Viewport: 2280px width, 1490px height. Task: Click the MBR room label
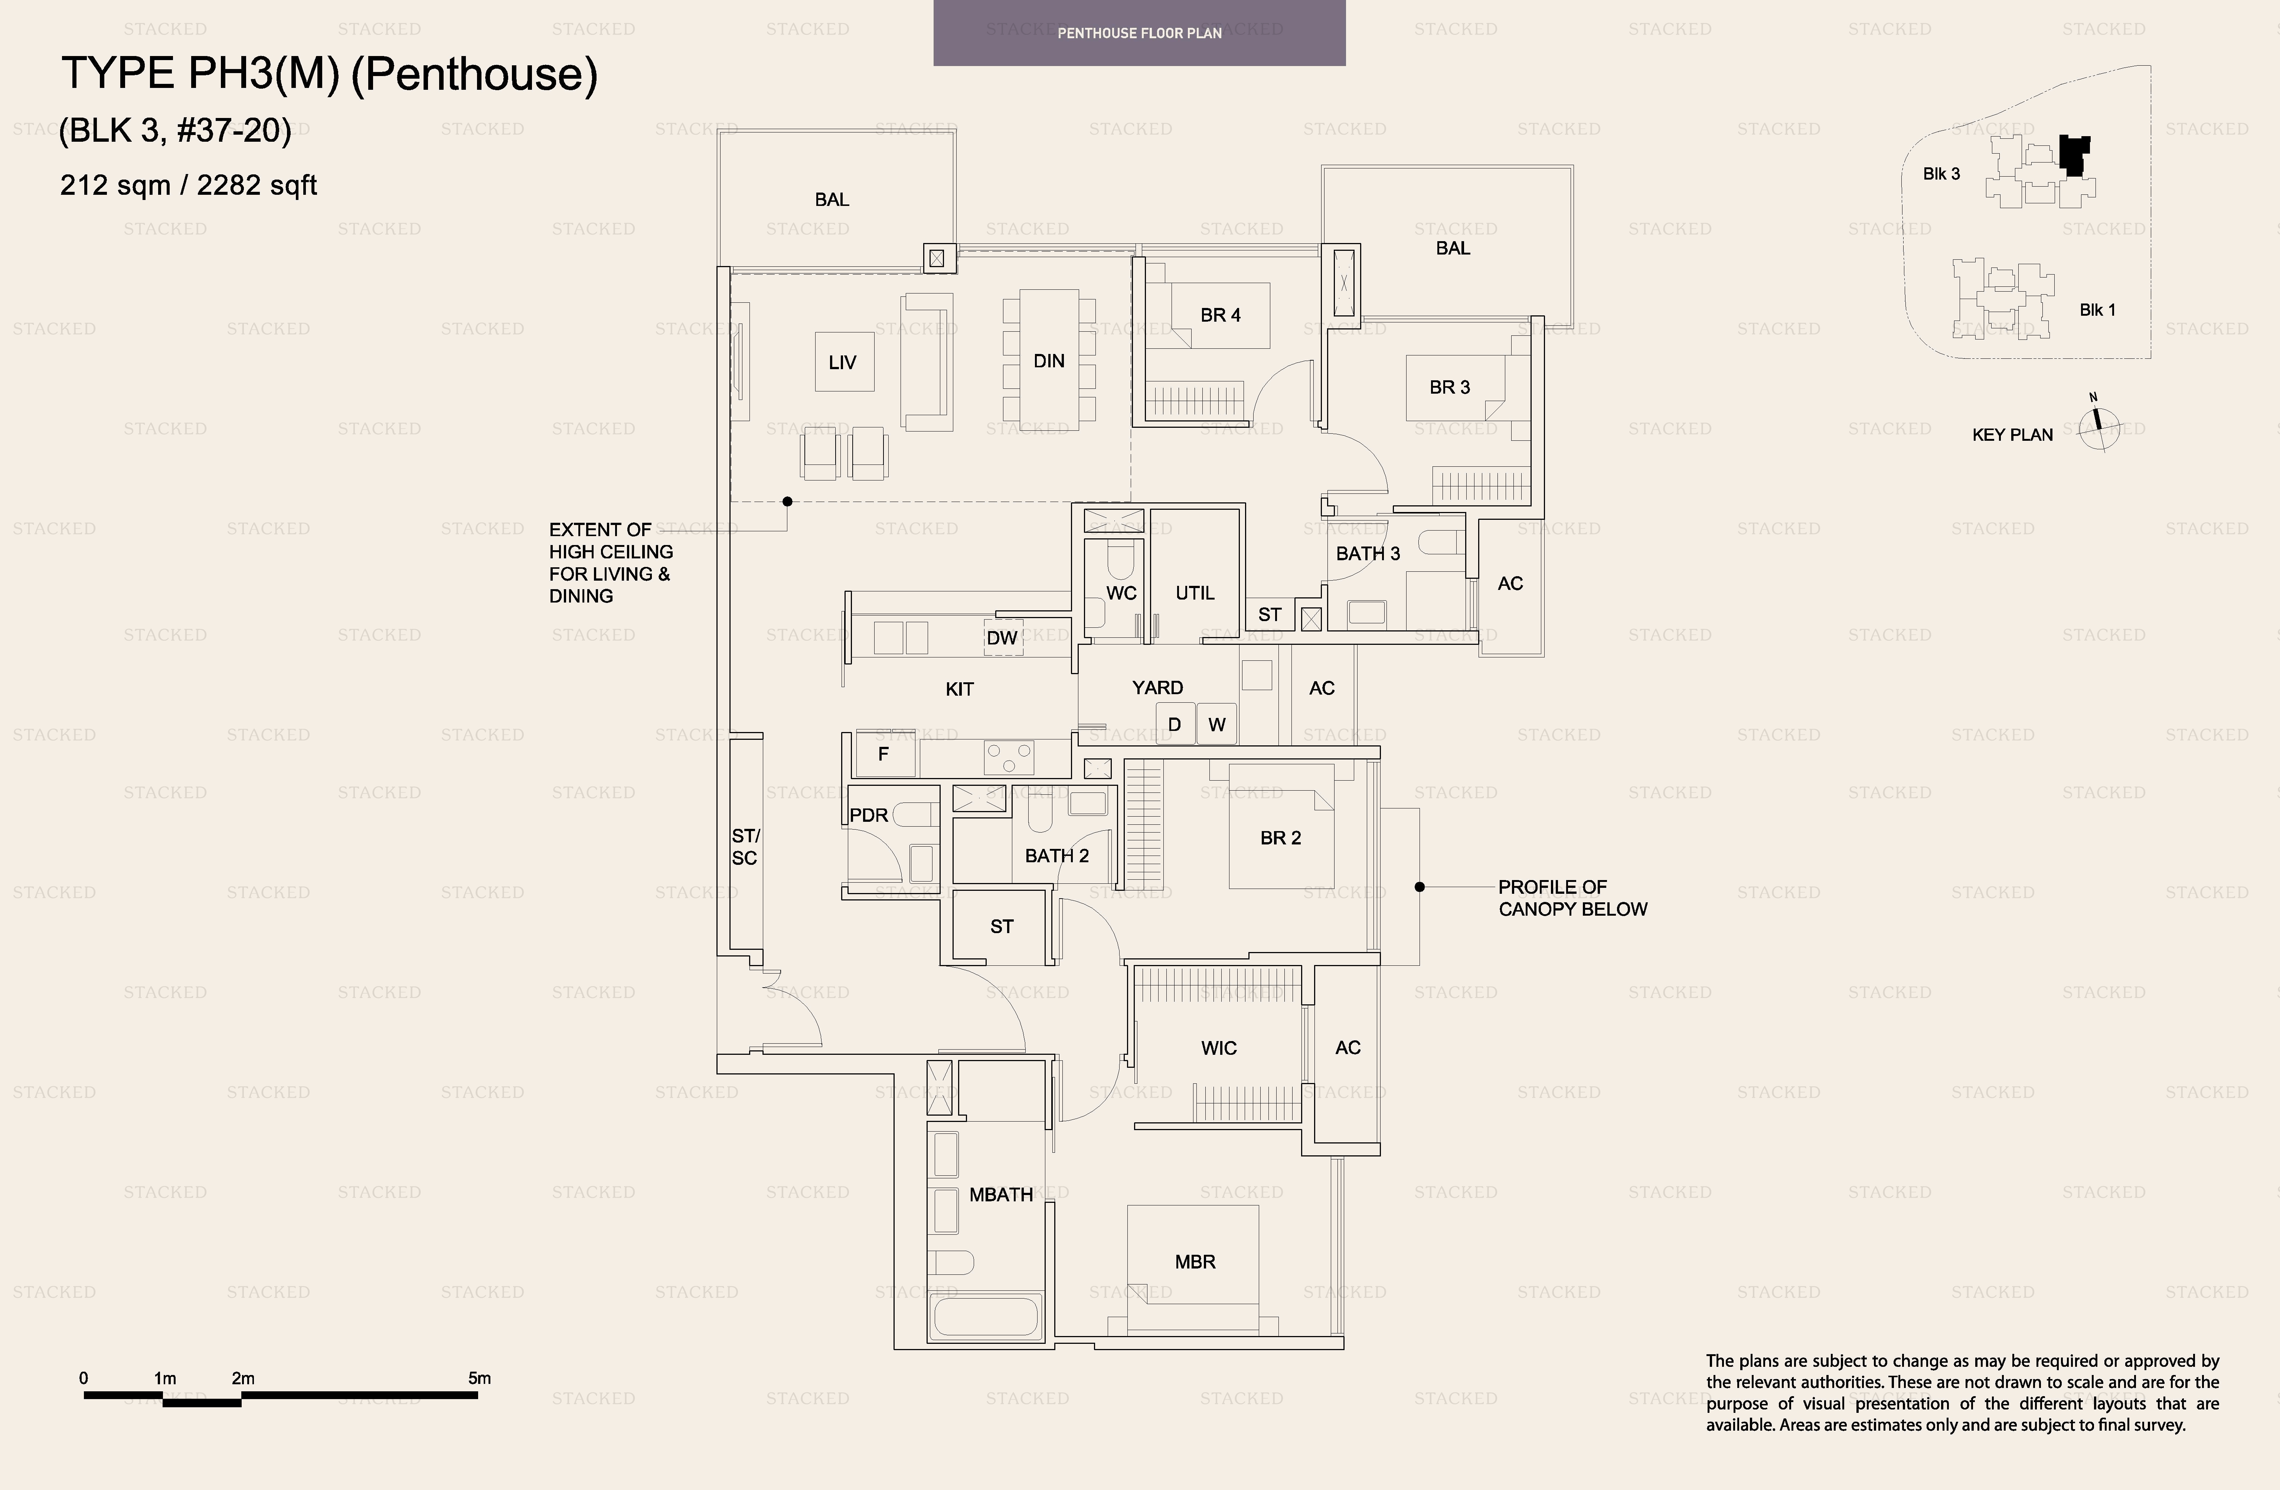(x=1195, y=1262)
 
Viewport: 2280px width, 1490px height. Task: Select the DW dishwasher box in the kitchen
(x=1003, y=638)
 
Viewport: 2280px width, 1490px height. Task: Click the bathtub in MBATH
(x=986, y=1317)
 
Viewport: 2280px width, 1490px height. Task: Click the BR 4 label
(x=1221, y=315)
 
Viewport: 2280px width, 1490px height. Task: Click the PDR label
(x=869, y=815)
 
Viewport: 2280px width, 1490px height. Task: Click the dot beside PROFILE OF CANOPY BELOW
(x=1420, y=887)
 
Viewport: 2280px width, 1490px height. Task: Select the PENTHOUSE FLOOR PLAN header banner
(x=1139, y=33)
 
